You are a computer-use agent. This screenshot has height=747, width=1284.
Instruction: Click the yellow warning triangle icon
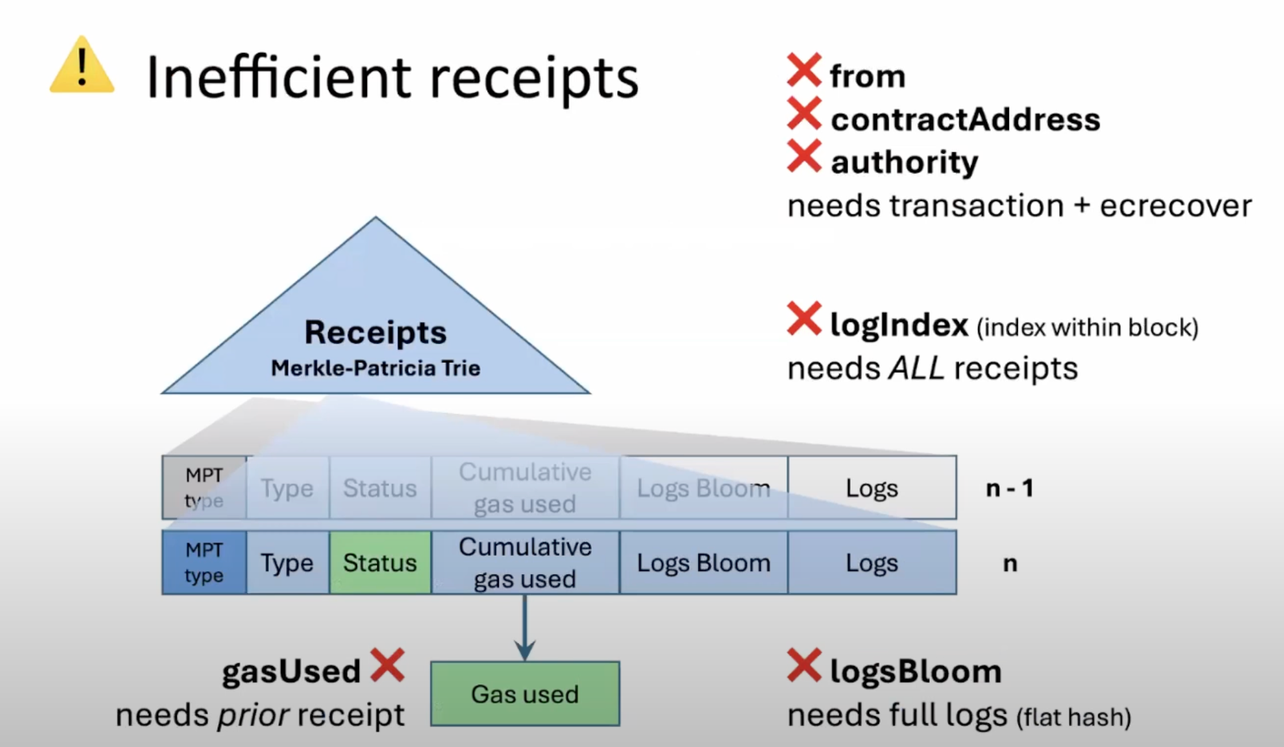(82, 67)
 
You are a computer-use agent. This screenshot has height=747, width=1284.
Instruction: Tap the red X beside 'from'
(804, 70)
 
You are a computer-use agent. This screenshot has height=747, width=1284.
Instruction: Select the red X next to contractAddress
(804, 114)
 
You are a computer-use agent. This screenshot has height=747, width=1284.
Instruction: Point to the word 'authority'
(904, 162)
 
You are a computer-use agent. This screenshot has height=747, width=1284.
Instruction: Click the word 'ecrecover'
(1175, 206)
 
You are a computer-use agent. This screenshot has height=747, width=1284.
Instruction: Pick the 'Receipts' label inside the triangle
(375, 332)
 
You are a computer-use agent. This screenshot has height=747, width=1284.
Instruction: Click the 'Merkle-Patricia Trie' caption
(375, 368)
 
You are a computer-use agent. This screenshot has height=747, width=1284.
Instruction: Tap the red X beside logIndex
(804, 319)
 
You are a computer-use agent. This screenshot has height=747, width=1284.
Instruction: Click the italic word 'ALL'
(916, 369)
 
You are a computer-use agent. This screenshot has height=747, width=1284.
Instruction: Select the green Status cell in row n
(380, 563)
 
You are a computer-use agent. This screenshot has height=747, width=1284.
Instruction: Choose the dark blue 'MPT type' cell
(204, 563)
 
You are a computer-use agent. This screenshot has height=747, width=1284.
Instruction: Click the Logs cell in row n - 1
(871, 488)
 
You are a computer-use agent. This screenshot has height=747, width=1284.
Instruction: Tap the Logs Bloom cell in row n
(703, 563)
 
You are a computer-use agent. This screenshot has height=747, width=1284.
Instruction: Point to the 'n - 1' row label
(1010, 489)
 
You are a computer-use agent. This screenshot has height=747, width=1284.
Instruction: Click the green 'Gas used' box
(524, 694)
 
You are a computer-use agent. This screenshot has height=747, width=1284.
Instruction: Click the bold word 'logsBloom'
(916, 672)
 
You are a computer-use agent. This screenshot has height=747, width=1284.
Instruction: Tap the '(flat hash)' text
(1073, 717)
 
